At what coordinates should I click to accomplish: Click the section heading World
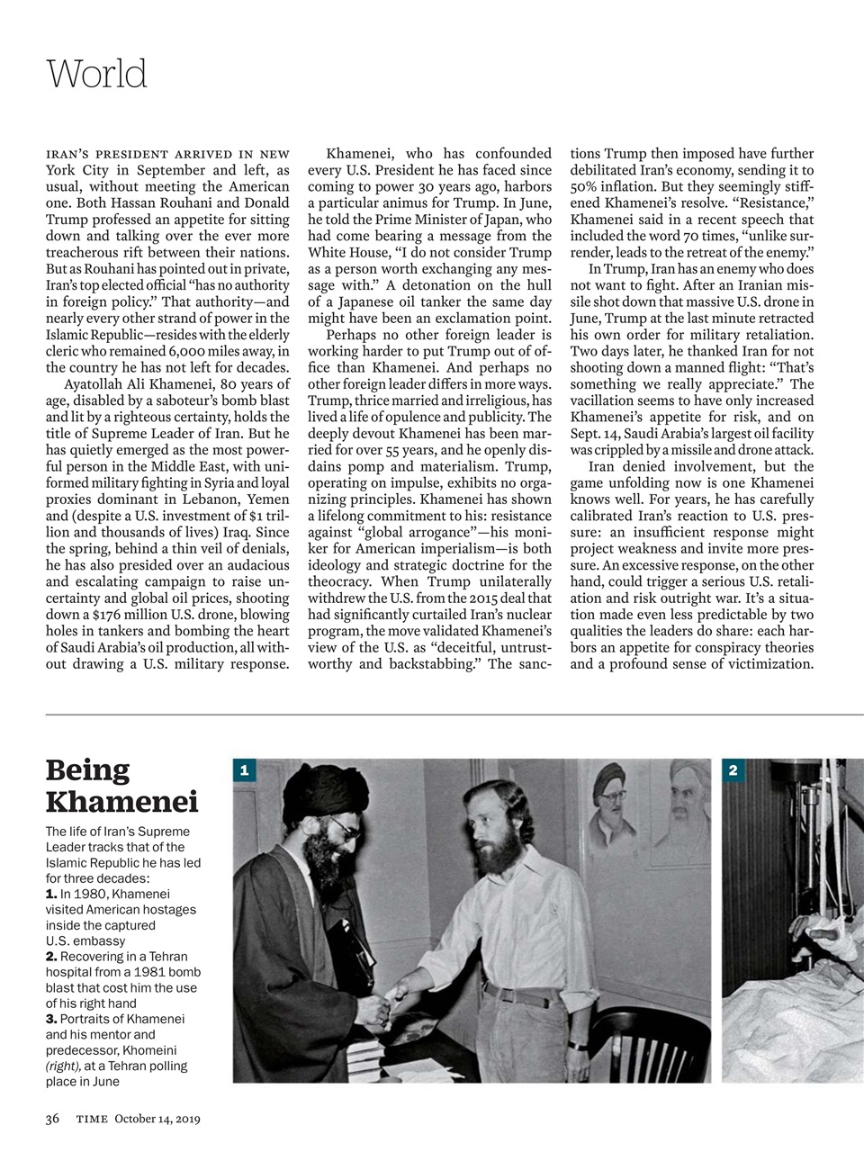[96, 73]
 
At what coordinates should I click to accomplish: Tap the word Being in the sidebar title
[87, 770]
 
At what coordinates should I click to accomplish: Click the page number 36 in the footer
[52, 1119]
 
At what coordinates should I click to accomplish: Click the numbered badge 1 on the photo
[244, 769]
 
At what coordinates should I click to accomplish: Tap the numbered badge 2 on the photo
[733, 769]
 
